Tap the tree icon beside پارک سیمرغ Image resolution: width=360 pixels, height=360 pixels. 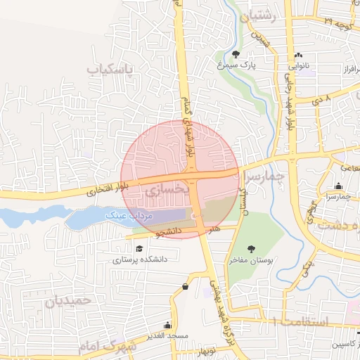(236, 53)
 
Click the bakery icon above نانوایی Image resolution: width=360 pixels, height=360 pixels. (298, 55)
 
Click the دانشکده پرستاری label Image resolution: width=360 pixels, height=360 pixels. (137, 259)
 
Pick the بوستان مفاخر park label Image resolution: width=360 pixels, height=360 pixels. (251, 260)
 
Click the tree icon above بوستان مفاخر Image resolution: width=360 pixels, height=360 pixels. (251, 248)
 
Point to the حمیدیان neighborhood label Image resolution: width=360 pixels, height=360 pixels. (69, 300)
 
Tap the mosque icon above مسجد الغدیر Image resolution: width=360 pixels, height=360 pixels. (167, 325)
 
